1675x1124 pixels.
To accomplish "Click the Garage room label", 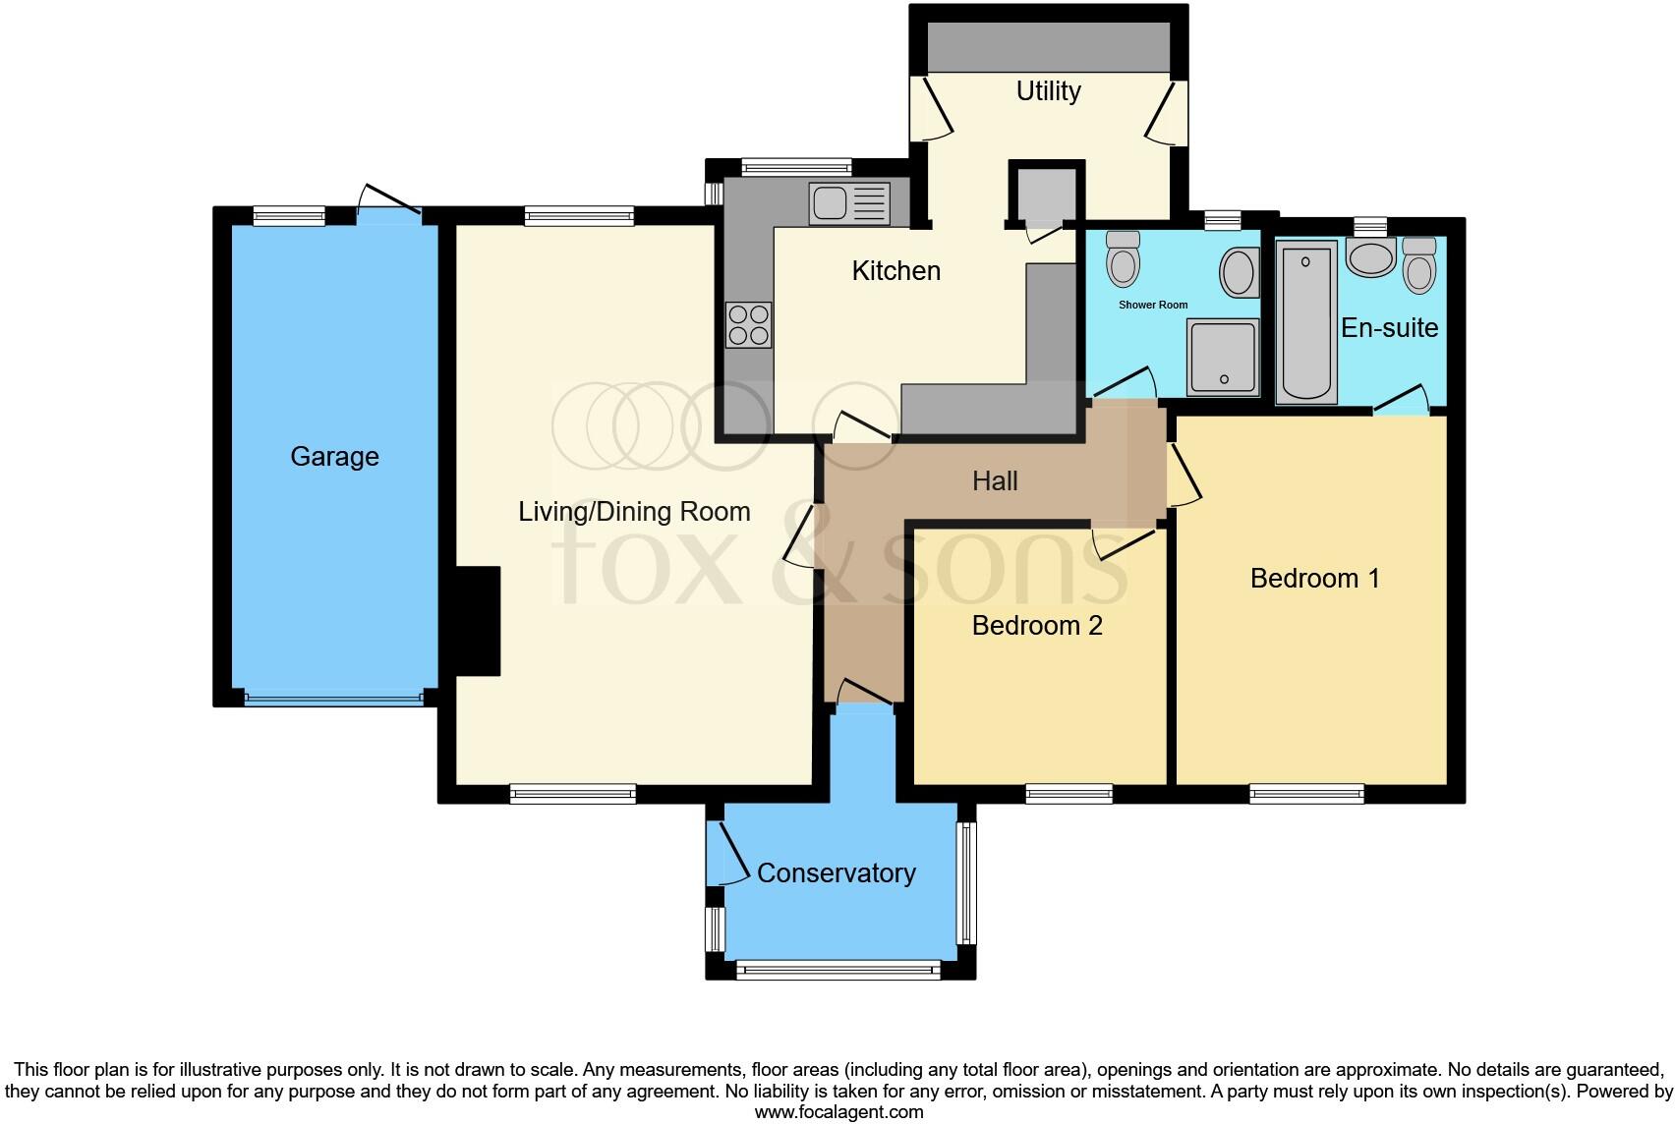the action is pyautogui.click(x=334, y=457).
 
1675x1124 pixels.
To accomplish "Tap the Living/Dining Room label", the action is pyautogui.click(x=634, y=511).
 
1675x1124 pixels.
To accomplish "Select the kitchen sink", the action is pyautogui.click(x=849, y=203).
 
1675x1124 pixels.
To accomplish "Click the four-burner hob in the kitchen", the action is pyautogui.click(x=748, y=325).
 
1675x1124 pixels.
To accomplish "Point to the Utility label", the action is pyautogui.click(x=1049, y=91).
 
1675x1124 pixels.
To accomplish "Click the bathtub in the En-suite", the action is pyautogui.click(x=1306, y=322).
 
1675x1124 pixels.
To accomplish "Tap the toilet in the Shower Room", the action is pyautogui.click(x=1123, y=258).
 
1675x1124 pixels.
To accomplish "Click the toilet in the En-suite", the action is pyautogui.click(x=1419, y=265).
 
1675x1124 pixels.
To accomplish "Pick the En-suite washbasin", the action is pyautogui.click(x=1370, y=257).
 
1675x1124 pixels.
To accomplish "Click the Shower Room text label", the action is pyautogui.click(x=1153, y=305).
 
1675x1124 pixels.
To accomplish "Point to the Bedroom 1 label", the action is pyautogui.click(x=1314, y=579).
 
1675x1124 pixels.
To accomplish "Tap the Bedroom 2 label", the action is pyautogui.click(x=1037, y=626).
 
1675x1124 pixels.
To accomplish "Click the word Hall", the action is pyautogui.click(x=995, y=481).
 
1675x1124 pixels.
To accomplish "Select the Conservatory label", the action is pyautogui.click(x=836, y=872).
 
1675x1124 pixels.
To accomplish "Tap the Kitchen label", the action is pyautogui.click(x=895, y=271).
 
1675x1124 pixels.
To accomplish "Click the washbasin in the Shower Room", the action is pyautogui.click(x=1240, y=273).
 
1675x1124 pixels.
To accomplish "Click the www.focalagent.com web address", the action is pyautogui.click(x=839, y=1112).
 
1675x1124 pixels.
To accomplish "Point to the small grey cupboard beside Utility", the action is pyautogui.click(x=1046, y=193).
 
